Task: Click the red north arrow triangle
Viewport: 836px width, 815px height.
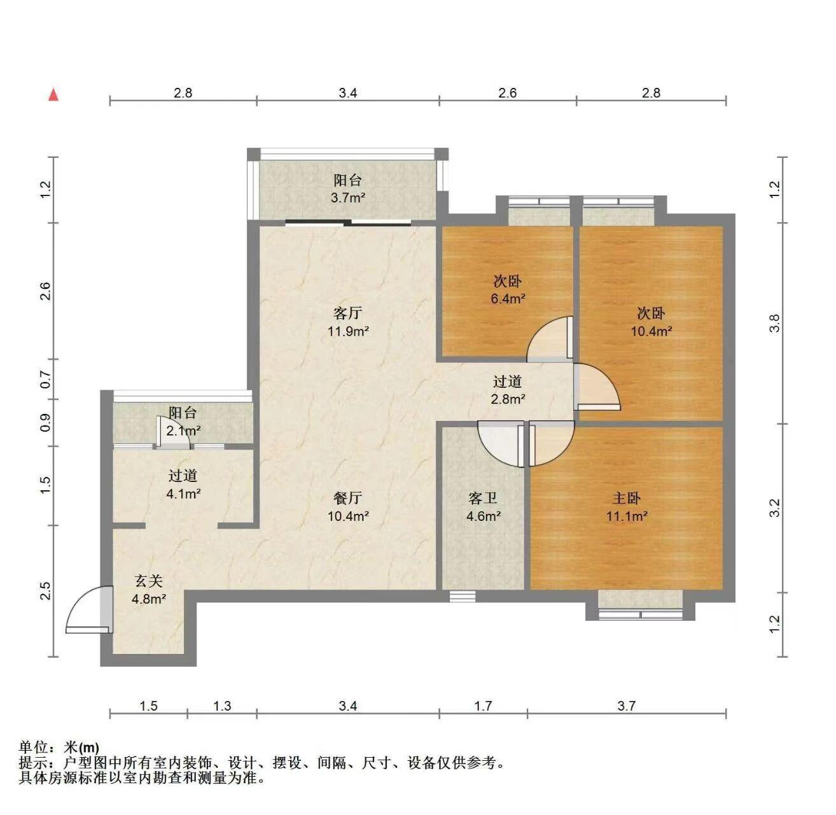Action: (x=53, y=95)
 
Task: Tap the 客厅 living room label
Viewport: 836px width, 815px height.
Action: (x=347, y=313)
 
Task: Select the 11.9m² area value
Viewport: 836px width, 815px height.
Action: (x=348, y=332)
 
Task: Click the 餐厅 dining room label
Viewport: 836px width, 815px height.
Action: (x=347, y=498)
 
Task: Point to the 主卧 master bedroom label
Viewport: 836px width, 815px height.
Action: (x=626, y=498)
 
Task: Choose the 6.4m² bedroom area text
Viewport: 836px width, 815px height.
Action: (x=508, y=299)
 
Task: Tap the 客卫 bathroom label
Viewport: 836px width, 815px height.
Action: (x=483, y=498)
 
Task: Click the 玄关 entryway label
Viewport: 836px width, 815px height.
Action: (x=149, y=581)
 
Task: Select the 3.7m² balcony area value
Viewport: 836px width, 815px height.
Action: (x=348, y=198)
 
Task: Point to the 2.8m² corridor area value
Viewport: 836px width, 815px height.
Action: (x=508, y=399)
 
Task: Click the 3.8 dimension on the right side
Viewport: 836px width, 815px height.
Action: (x=774, y=323)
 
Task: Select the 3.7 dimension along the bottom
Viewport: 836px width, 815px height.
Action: (x=626, y=705)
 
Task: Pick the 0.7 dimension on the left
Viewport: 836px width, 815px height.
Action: (x=46, y=379)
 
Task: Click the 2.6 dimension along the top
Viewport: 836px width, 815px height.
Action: (x=507, y=93)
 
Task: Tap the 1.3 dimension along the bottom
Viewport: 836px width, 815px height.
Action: (x=222, y=705)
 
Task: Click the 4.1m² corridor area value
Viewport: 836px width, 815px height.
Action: (x=183, y=494)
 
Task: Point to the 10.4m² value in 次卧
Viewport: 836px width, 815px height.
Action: (x=651, y=332)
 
